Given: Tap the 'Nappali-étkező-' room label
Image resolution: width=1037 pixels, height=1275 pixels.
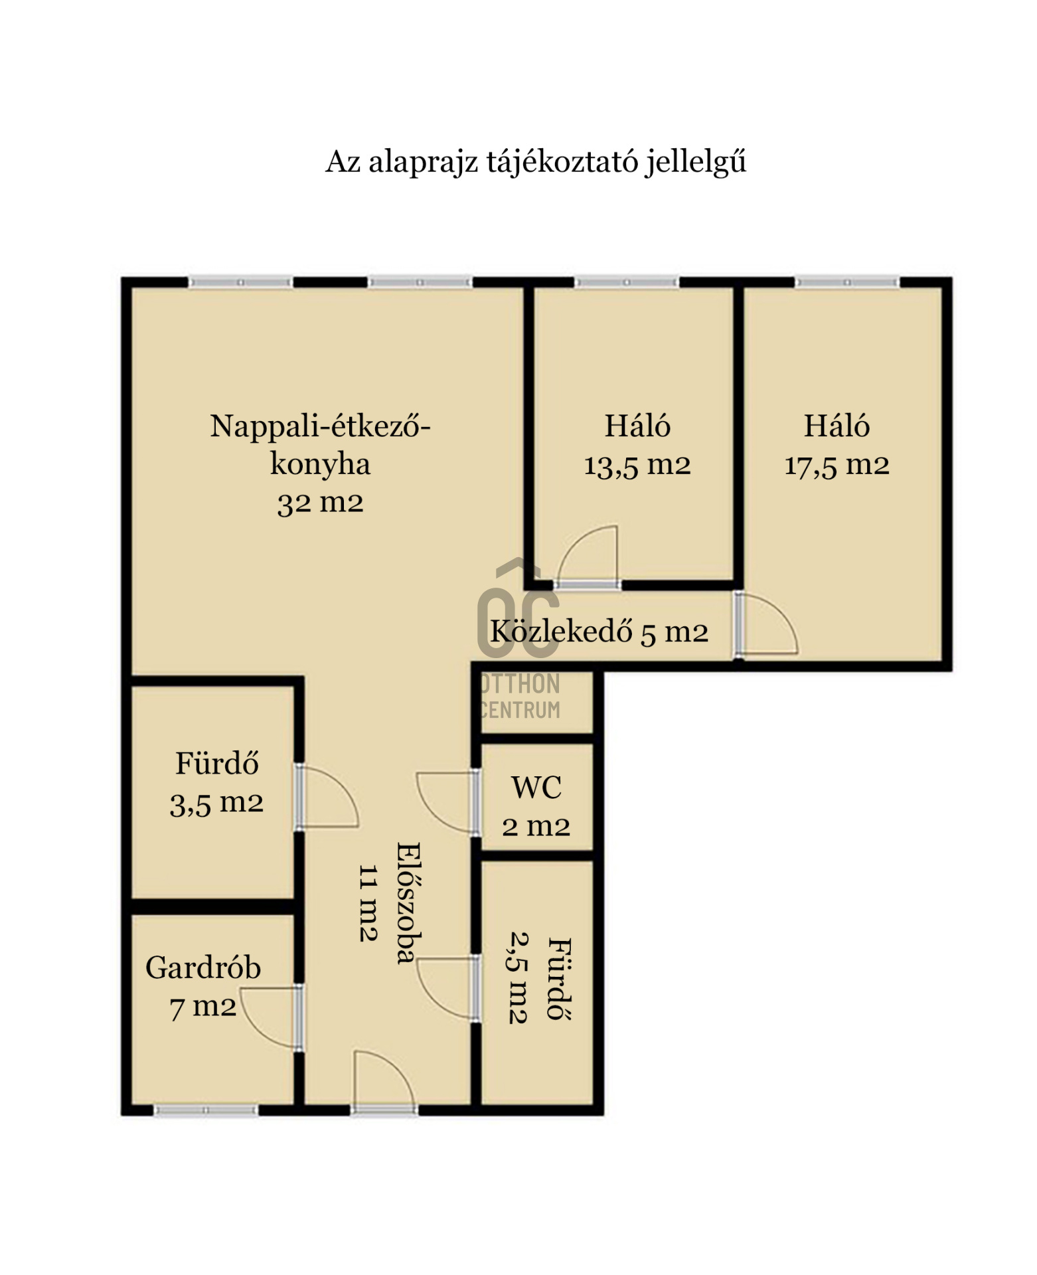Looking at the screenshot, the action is (320, 426).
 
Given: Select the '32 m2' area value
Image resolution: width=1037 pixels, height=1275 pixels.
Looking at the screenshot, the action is (320, 503).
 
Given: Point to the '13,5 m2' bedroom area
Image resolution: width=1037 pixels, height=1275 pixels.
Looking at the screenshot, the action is (637, 465).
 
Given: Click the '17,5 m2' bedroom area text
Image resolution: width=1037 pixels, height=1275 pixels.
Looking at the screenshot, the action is (837, 465).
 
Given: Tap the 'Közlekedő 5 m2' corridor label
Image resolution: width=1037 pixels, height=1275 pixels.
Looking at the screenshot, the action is (599, 631).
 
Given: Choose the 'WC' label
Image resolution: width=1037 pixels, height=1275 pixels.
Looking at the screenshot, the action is (536, 788).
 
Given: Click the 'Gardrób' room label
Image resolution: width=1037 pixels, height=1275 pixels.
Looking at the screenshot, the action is (203, 968).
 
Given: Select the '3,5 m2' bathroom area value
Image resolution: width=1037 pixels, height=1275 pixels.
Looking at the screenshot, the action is (216, 804).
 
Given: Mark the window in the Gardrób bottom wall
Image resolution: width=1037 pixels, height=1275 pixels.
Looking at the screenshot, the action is (206, 1110).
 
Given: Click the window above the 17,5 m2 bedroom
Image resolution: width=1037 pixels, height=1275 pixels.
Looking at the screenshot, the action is (847, 282).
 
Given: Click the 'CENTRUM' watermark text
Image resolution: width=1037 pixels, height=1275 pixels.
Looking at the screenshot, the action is (520, 710).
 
